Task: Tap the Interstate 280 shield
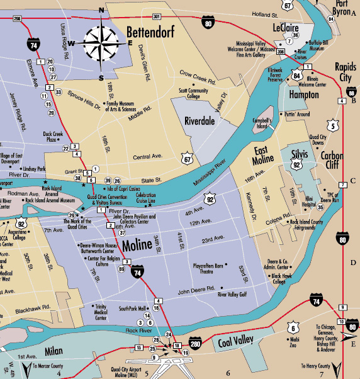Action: [195, 342]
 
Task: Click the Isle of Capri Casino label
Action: [123, 189]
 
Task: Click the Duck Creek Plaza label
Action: [53, 136]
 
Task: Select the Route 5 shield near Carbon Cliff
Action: [332, 125]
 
